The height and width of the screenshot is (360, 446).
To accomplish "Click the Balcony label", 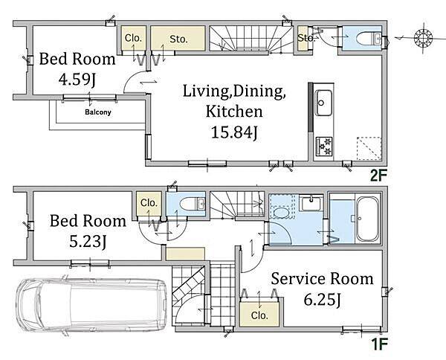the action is pyautogui.click(x=98, y=112).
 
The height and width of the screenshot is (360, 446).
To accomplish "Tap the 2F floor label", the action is pyautogui.click(x=378, y=176).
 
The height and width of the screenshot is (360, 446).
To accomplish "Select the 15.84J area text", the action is pyautogui.click(x=234, y=132).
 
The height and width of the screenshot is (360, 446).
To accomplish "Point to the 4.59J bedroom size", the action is pyautogui.click(x=77, y=79).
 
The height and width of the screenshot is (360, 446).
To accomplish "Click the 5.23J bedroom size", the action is pyautogui.click(x=88, y=242).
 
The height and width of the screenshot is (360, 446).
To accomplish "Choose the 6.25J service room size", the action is pyautogui.click(x=322, y=299).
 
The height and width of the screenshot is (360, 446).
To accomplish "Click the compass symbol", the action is pyautogui.click(x=423, y=38).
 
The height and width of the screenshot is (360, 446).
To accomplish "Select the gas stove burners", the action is pyautogui.click(x=324, y=147).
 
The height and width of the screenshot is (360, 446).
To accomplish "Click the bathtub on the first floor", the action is pyautogui.click(x=368, y=219).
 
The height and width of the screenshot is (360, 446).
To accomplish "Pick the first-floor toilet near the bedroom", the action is pyautogui.click(x=193, y=204).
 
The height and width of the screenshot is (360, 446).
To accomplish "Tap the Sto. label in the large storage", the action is pyautogui.click(x=178, y=39).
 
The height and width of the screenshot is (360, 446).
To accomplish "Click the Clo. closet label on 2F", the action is pyautogui.click(x=133, y=38).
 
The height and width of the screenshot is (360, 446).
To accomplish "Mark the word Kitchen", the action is pyautogui.click(x=234, y=111).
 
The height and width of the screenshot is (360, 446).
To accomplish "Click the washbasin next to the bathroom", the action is pyautogui.click(x=311, y=203).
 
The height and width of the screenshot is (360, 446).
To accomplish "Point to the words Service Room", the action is pyautogui.click(x=322, y=279).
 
